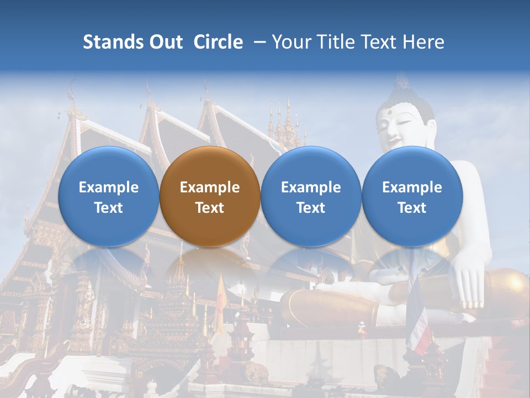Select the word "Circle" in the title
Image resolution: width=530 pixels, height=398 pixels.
(218, 42)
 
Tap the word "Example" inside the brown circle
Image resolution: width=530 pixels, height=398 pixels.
(210, 187)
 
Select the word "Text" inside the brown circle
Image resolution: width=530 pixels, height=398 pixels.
(210, 208)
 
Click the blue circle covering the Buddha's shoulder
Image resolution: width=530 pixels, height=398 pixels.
(412, 197)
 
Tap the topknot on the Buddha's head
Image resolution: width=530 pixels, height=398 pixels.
(401, 82)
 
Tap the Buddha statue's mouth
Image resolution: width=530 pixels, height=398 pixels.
(394, 138)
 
